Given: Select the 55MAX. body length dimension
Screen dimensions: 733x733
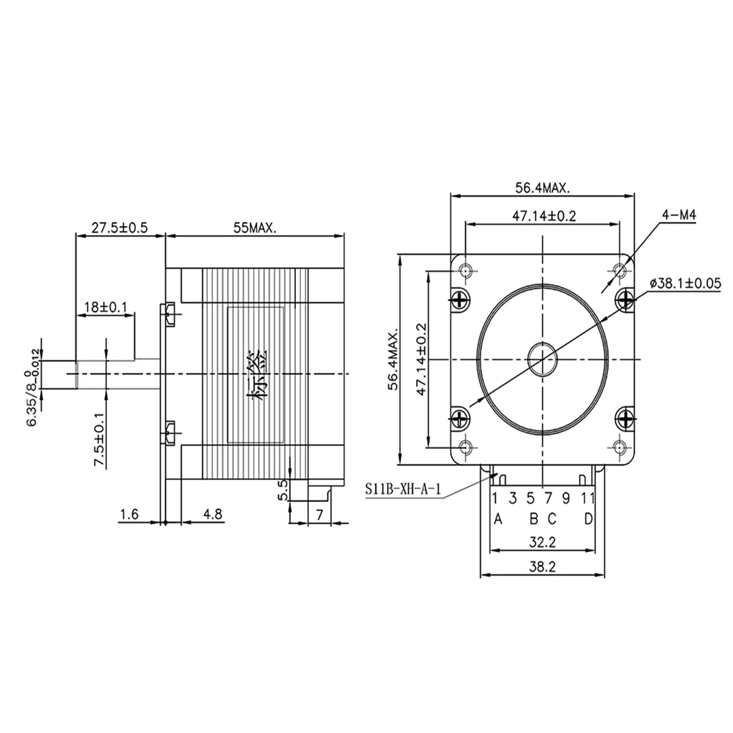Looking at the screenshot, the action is tap(254, 228).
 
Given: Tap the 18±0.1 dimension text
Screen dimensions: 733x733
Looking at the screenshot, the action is tap(106, 307).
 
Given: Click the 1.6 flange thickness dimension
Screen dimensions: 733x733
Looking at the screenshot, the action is tap(129, 514).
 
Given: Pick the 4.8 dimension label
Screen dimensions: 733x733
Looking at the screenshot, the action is tap(213, 514).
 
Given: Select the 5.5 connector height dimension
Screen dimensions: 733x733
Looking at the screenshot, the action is tap(283, 490).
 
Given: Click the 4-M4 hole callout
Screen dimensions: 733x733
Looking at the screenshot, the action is tap(679, 215).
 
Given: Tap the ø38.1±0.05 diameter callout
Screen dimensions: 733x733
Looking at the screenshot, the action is tap(685, 283).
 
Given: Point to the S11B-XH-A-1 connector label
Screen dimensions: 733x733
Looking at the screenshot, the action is tap(403, 490).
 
